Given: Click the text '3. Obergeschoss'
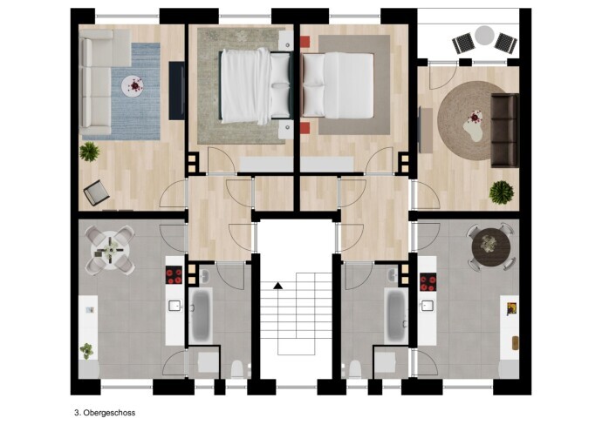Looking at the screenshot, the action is [x=105, y=413].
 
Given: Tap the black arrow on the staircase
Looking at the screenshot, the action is [x=278, y=286].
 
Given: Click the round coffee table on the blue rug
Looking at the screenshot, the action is [x=133, y=86].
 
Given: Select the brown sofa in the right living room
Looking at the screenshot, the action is [x=504, y=131].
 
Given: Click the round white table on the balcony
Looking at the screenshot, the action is [x=484, y=36].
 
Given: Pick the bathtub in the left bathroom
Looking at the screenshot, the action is [x=201, y=315].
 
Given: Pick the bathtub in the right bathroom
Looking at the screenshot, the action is [x=397, y=316].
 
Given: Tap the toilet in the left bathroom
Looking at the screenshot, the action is [x=238, y=368].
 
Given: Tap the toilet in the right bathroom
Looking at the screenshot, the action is [x=355, y=368].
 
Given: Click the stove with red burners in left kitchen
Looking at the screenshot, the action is [x=174, y=275].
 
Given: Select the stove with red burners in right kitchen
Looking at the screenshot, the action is [x=428, y=282].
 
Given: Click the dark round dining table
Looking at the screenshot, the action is [x=491, y=246].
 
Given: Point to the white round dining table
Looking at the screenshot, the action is [x=110, y=250].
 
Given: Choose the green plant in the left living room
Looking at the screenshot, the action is [x=90, y=152].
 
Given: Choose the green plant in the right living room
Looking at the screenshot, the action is [x=502, y=192].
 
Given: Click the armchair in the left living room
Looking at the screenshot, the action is [x=96, y=192].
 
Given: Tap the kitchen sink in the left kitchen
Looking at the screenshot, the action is [x=174, y=306].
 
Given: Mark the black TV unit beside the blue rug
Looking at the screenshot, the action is [x=176, y=91].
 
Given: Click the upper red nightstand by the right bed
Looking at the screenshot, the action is [x=304, y=42].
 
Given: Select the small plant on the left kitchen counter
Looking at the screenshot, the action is [x=86, y=351].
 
